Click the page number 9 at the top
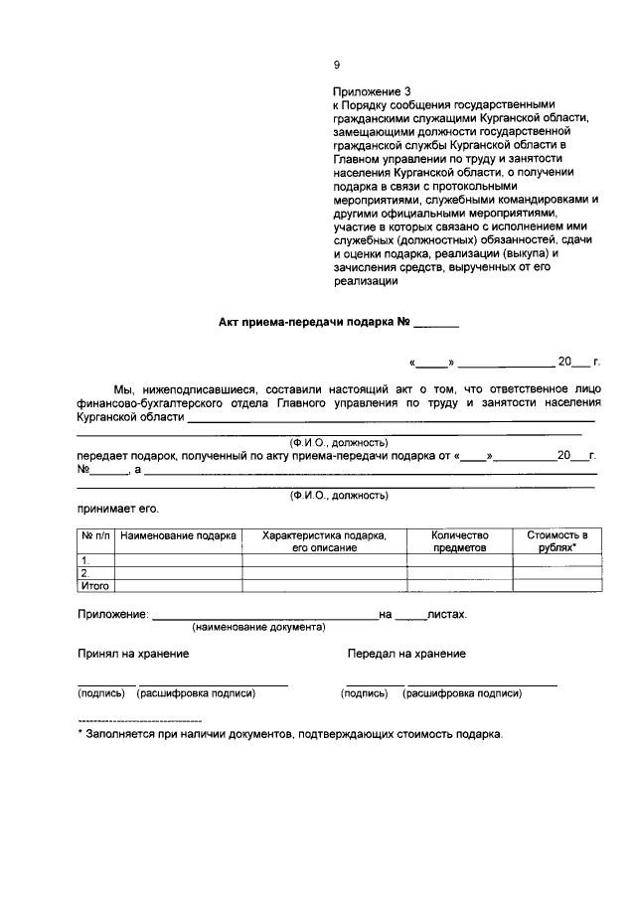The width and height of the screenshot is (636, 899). pos(337,65)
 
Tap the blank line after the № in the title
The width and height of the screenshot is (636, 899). pos(436,323)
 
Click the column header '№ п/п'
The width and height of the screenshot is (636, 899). pos(96,534)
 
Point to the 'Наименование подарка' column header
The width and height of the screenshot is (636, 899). pos(179,534)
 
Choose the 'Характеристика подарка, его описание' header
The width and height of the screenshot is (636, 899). pos(325,540)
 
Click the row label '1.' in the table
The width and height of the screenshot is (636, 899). pos(86,560)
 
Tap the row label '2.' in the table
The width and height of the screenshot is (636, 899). pos(86,573)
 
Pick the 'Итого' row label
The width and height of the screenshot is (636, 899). pos(95,586)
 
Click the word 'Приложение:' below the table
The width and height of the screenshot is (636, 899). pos(113,615)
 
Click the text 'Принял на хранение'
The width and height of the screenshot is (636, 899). pos(133,654)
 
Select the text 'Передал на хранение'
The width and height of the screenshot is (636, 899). pos(405,654)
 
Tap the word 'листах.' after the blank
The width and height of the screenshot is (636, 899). pos(446,615)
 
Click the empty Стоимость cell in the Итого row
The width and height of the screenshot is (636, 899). pos(557,586)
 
